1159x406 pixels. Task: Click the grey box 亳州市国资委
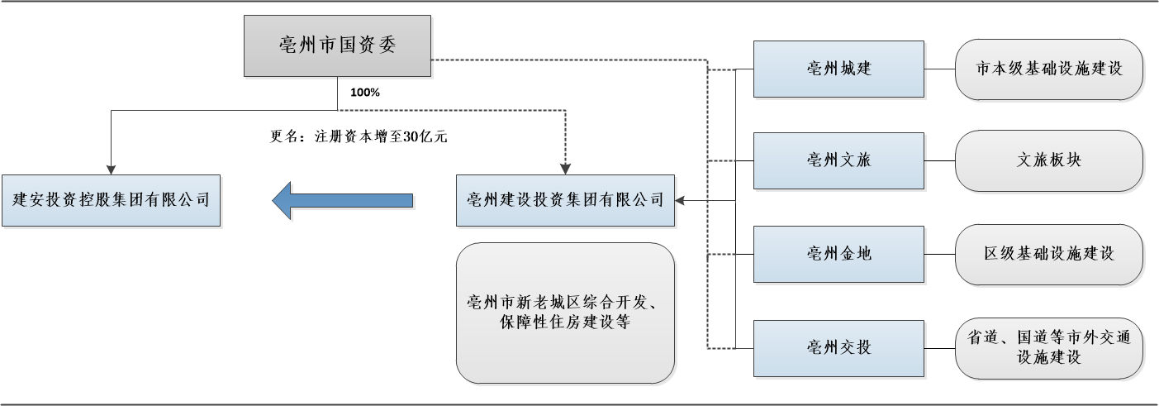point(337,45)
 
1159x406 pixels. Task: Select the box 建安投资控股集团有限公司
point(111,200)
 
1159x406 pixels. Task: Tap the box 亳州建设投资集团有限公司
point(565,200)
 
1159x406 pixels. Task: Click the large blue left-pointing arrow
point(342,200)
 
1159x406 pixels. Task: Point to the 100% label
point(365,93)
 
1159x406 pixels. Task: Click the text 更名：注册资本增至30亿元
point(359,138)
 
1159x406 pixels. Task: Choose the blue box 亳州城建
point(839,69)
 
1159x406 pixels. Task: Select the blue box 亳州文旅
point(839,160)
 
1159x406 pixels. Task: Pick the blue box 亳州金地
point(839,253)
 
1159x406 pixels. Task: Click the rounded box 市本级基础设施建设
point(1049,69)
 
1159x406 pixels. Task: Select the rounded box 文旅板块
point(1049,160)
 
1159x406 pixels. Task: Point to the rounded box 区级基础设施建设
point(1049,253)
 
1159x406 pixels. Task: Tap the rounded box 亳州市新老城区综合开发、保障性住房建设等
point(565,313)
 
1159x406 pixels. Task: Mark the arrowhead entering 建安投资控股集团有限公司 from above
point(111,169)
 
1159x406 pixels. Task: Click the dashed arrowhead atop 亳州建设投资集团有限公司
point(565,169)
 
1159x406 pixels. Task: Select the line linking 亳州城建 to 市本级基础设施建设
point(939,69)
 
